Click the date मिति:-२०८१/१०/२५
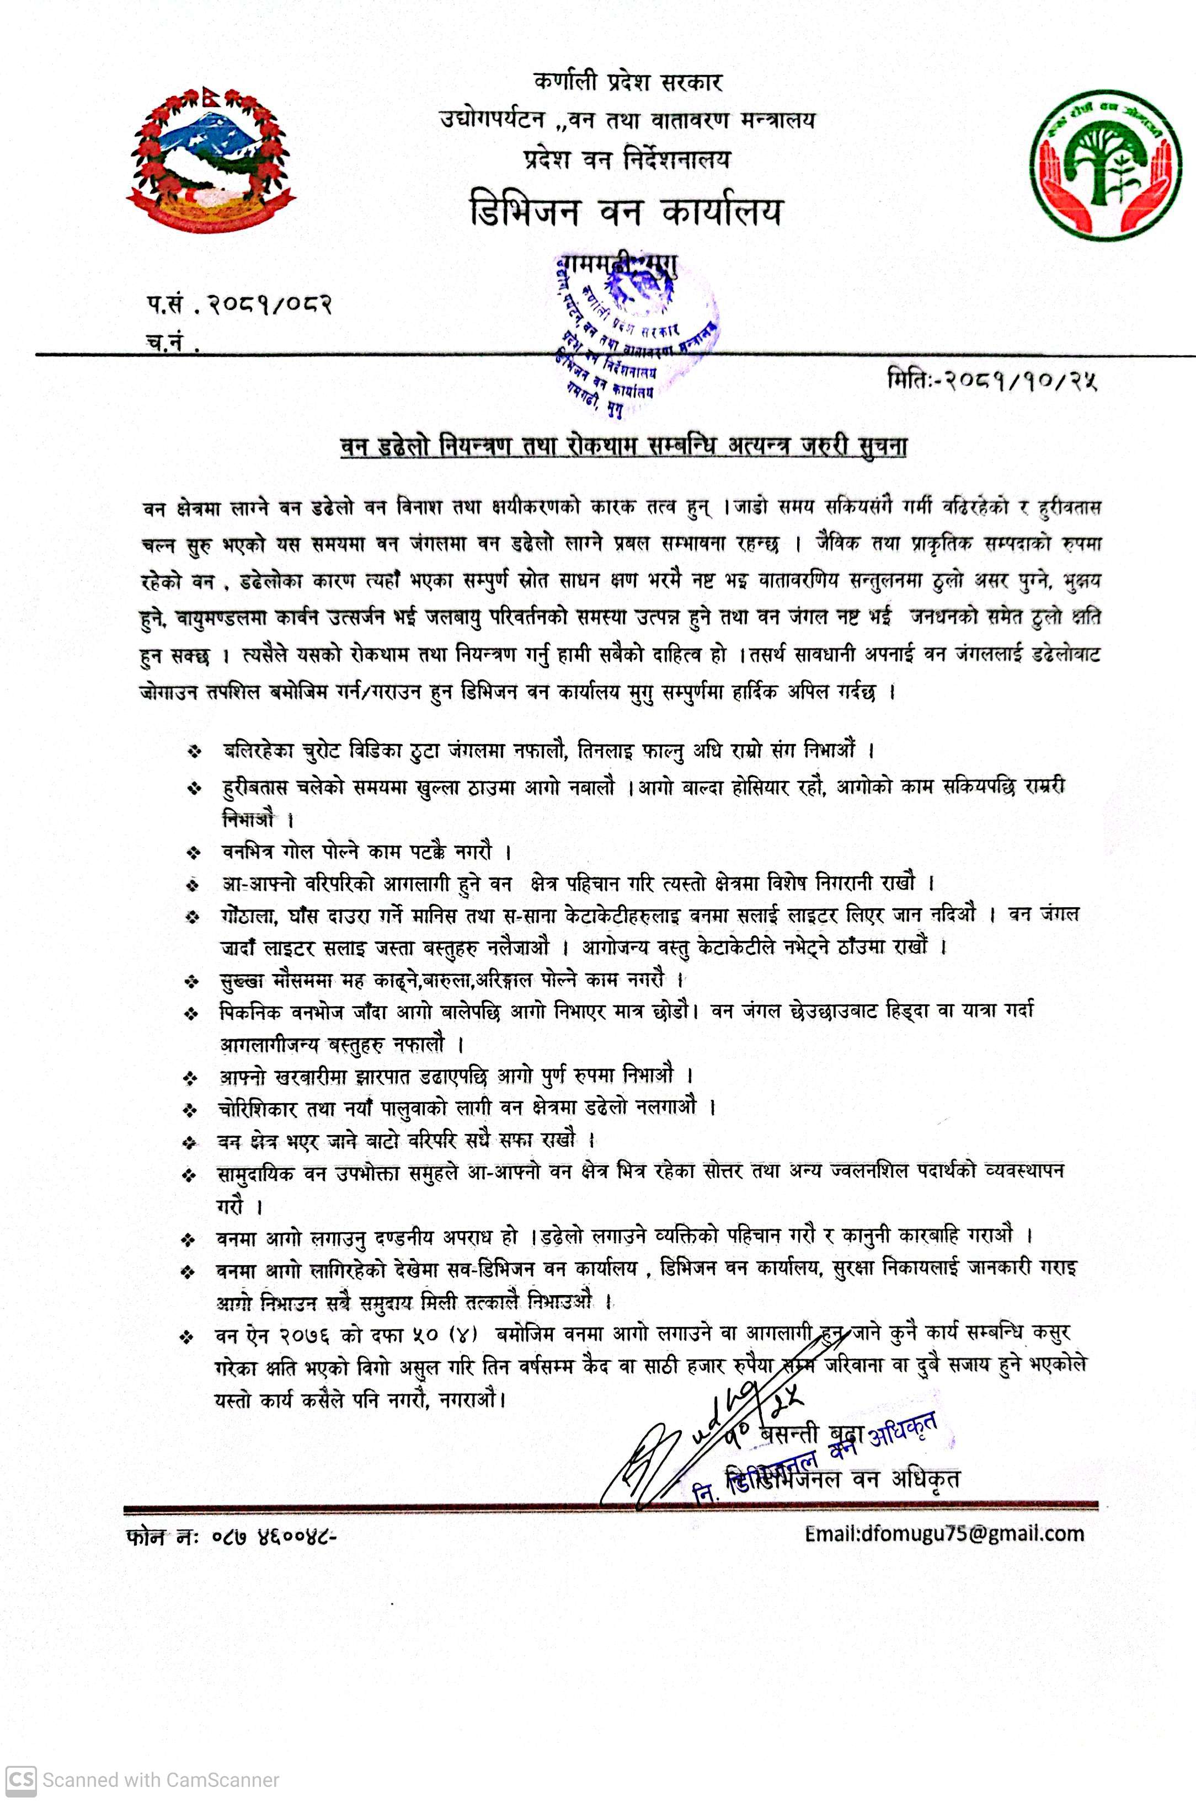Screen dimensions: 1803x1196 (x=991, y=379)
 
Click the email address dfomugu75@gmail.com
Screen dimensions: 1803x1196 (x=944, y=1533)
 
